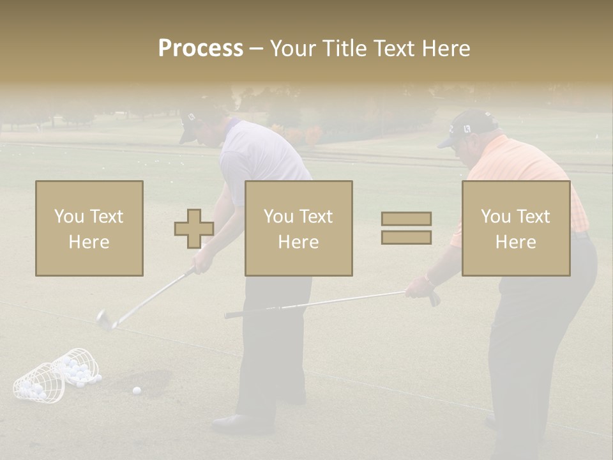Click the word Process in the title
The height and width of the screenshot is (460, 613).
coord(201,48)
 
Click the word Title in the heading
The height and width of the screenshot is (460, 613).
coord(345,48)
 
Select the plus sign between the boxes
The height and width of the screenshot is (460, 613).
coord(194,229)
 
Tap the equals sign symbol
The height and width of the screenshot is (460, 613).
coord(406,228)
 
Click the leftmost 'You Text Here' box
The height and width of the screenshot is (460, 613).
coord(89,229)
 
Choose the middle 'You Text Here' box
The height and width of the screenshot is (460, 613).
coord(299,229)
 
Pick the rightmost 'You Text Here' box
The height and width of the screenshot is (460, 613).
coord(516,229)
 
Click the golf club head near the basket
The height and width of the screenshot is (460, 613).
coord(104,319)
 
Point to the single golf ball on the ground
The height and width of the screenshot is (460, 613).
coord(136,390)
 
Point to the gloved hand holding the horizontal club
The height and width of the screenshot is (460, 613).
coord(420,287)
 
